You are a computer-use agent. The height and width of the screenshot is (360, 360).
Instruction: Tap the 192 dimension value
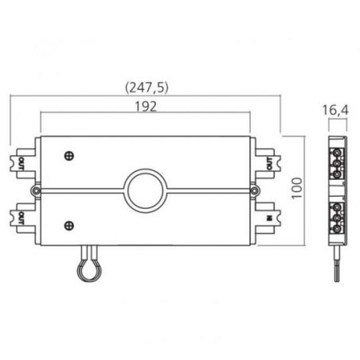click(146, 107)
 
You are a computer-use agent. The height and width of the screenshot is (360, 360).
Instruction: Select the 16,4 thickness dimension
click(335, 110)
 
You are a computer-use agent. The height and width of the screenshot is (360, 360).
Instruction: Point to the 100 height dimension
click(297, 188)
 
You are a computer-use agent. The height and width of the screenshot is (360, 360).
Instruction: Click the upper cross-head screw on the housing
click(69, 156)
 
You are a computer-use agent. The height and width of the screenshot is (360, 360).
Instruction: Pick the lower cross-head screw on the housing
click(69, 225)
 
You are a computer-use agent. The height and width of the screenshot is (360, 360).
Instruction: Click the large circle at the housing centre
click(146, 191)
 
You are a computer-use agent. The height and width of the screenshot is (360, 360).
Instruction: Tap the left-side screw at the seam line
click(36, 190)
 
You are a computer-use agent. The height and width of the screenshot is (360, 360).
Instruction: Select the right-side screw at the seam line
click(255, 190)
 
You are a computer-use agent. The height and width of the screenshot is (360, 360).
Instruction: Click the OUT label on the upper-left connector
click(21, 163)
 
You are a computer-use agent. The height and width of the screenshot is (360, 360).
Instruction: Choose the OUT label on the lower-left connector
click(21, 217)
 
